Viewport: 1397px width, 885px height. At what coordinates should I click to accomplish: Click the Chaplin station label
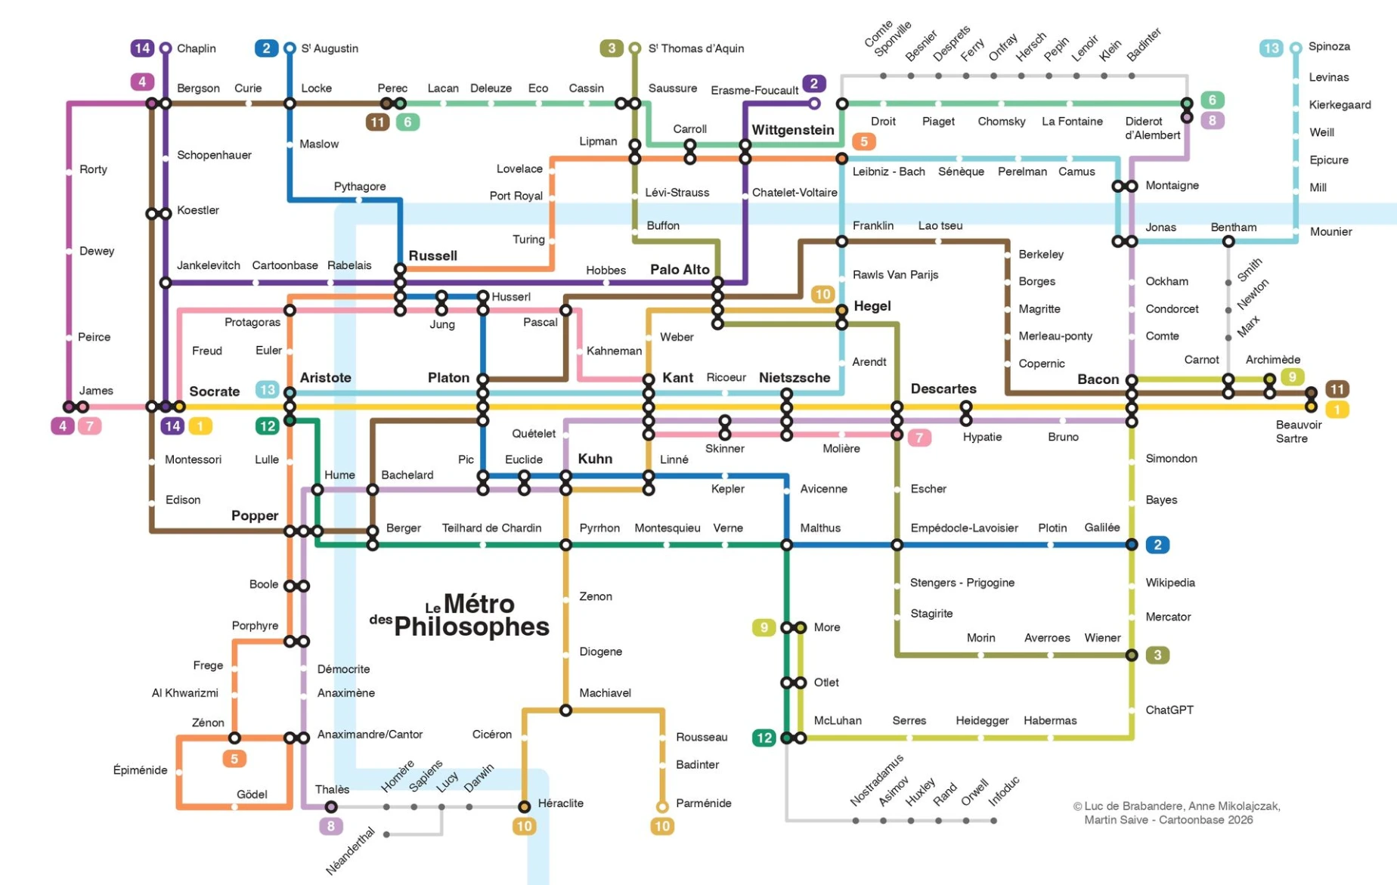click(x=196, y=48)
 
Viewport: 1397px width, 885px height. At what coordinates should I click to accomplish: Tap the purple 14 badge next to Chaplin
click(x=142, y=48)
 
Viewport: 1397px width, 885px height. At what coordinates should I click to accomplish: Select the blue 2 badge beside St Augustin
click(x=265, y=48)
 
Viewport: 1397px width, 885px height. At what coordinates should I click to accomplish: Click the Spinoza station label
click(x=1328, y=46)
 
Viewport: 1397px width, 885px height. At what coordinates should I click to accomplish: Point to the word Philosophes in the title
click(x=471, y=627)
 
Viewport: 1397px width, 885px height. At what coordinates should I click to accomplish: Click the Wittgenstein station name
click(x=792, y=130)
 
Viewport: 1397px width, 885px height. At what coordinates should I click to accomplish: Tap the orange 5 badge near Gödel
click(x=234, y=759)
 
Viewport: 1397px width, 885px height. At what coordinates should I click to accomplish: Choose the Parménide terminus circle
click(x=662, y=806)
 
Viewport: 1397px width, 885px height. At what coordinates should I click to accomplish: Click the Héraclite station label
click(x=560, y=803)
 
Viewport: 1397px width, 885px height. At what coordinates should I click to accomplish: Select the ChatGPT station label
click(x=1169, y=710)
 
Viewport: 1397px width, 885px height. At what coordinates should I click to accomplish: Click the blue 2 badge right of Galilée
click(x=1157, y=544)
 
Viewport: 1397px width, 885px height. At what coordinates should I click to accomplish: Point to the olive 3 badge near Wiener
click(x=1157, y=654)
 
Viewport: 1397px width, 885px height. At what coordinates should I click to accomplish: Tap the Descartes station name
click(x=943, y=388)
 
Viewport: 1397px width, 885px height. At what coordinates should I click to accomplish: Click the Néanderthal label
click(x=351, y=851)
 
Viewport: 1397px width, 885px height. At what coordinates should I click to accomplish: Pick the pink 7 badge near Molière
click(x=918, y=437)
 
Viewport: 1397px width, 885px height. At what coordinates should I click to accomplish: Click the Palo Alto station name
click(x=680, y=269)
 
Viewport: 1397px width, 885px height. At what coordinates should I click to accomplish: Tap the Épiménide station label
click(x=140, y=770)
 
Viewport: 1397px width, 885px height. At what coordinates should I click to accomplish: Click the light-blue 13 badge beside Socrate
click(x=267, y=389)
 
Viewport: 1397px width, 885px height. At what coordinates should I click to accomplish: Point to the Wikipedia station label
click(x=1169, y=583)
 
